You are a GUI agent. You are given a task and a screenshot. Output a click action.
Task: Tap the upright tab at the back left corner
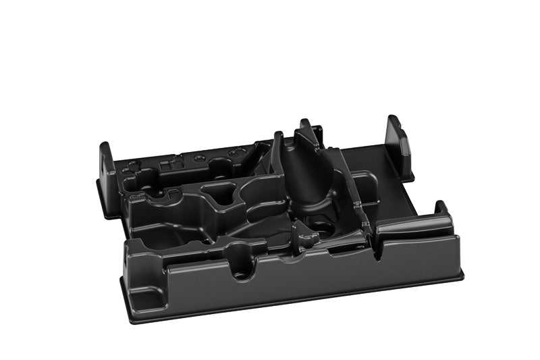[106, 162]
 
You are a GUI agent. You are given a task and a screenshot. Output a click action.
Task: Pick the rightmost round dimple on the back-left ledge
[236, 154]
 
